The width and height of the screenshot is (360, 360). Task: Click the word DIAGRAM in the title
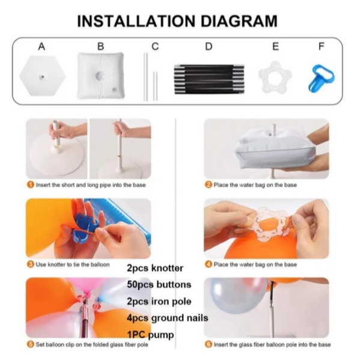tap(239, 21)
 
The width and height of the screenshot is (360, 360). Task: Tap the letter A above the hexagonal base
tap(41, 46)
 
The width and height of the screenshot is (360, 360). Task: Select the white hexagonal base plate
tap(43, 76)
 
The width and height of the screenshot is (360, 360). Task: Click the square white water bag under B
tap(100, 76)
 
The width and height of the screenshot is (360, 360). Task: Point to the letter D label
tap(209, 46)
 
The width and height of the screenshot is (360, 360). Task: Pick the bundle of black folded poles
tap(209, 79)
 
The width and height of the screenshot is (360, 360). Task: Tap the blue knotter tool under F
tap(320, 79)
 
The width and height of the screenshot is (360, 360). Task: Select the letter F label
tap(322, 46)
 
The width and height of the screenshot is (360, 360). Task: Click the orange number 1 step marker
tap(30, 185)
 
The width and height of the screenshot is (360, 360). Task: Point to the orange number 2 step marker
tap(208, 185)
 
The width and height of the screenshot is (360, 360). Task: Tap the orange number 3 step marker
tap(30, 264)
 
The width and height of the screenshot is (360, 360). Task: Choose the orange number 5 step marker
tap(30, 344)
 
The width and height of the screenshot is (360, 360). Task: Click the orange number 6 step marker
tap(208, 344)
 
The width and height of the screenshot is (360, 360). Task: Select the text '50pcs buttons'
tap(159, 285)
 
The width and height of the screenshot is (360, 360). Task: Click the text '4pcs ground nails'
tap(167, 318)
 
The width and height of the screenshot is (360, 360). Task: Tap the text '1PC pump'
tap(150, 335)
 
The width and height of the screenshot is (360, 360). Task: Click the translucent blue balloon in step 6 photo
tap(239, 295)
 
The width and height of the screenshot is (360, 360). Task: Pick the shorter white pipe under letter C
tap(156, 86)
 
